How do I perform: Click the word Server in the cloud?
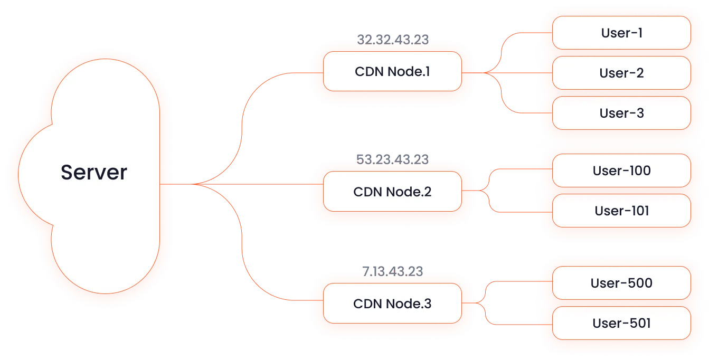click(94, 173)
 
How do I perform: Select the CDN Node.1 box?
click(392, 71)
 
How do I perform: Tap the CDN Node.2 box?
click(392, 192)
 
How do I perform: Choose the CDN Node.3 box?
click(392, 304)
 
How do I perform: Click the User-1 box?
click(621, 33)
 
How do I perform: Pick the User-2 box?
click(621, 73)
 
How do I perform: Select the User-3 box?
click(621, 113)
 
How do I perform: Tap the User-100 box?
click(621, 170)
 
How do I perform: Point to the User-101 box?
click(621, 211)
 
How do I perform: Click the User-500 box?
click(621, 283)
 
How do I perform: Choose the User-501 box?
click(621, 323)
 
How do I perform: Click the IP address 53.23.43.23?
click(392, 159)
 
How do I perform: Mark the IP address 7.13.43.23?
click(392, 272)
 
